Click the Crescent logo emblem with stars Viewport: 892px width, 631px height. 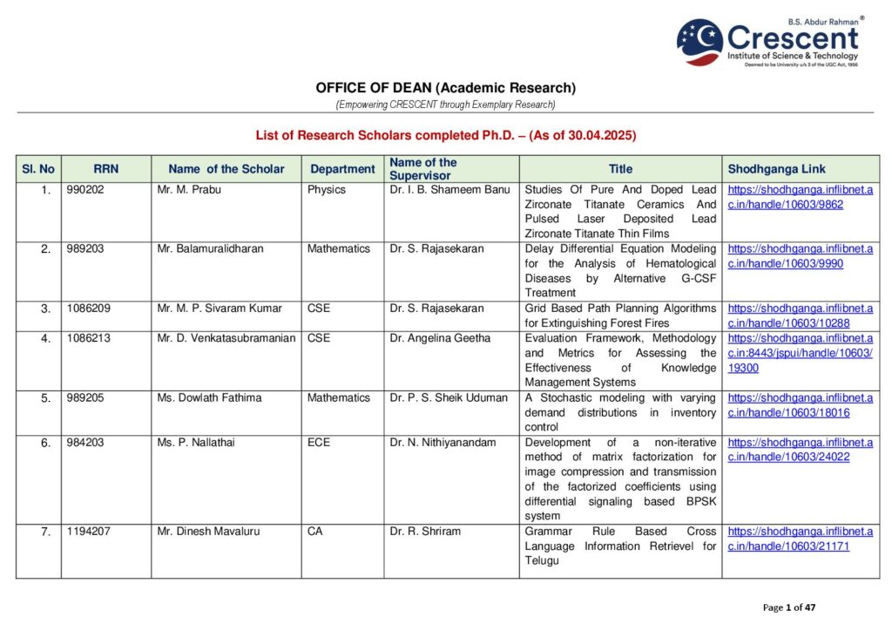(x=699, y=42)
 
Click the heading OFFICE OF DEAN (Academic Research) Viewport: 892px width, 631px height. (x=445, y=88)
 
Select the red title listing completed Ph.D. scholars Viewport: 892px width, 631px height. (x=445, y=135)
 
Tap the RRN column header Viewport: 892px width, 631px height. (x=105, y=169)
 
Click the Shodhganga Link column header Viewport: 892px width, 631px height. (x=776, y=169)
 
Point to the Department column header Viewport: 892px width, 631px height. (x=342, y=169)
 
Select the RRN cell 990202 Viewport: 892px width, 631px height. (x=85, y=190)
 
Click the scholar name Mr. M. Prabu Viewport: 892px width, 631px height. (x=189, y=190)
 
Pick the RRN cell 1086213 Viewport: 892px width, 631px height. (x=89, y=338)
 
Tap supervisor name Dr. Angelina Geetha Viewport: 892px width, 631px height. (x=440, y=338)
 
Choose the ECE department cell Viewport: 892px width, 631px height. (x=319, y=443)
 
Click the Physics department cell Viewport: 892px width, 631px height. (x=327, y=190)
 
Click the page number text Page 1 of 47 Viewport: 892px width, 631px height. (x=789, y=607)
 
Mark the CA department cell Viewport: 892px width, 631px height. (x=315, y=532)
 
